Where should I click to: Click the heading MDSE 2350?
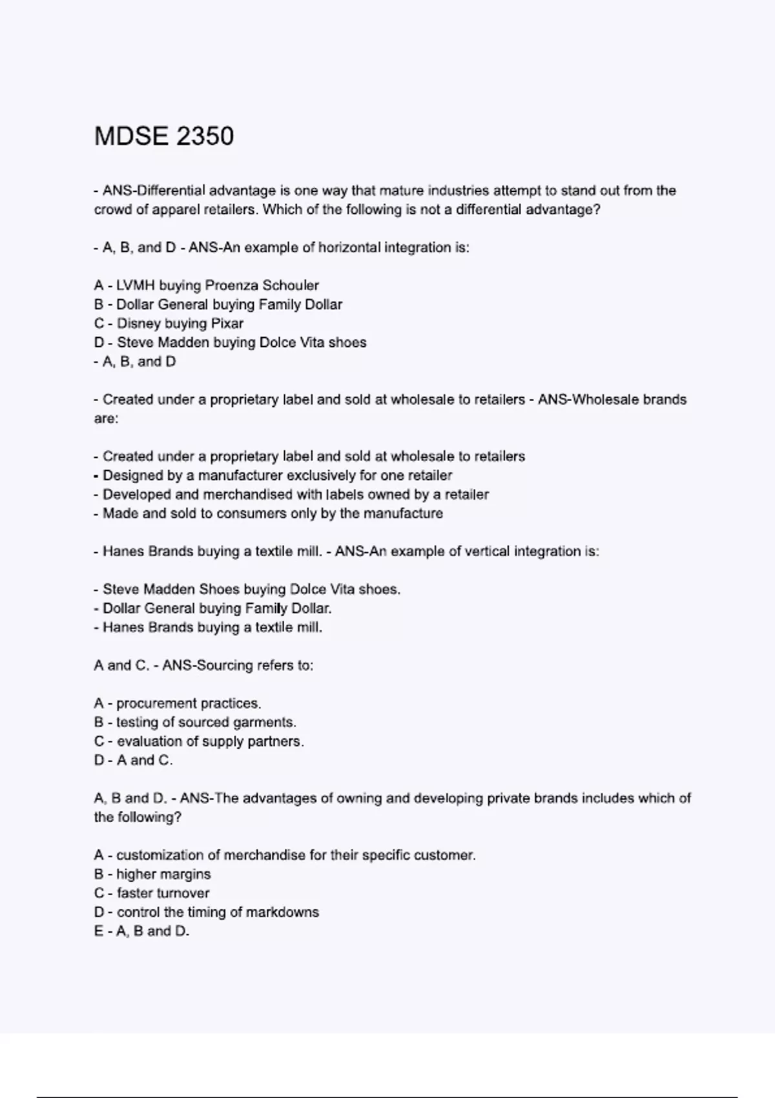(164, 136)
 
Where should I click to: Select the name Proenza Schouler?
(262, 285)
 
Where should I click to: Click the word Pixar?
(227, 324)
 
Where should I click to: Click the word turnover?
(182, 893)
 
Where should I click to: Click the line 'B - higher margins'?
(152, 874)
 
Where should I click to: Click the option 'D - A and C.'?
(133, 760)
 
